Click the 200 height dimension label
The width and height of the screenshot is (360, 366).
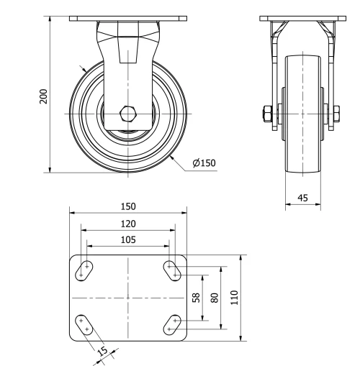(x=44, y=96)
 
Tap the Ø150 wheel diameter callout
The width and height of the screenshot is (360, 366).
(x=204, y=163)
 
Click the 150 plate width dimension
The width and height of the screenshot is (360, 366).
(x=128, y=206)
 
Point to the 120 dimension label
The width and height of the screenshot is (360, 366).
(x=128, y=224)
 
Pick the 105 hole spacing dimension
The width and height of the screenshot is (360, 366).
(x=128, y=240)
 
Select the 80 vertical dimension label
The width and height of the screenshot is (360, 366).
(x=214, y=297)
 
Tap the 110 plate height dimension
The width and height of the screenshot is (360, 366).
(x=232, y=297)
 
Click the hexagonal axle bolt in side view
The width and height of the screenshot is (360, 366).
(x=128, y=114)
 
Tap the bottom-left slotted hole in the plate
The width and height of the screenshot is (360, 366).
(x=84, y=324)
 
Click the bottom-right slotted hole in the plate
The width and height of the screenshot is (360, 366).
(x=173, y=324)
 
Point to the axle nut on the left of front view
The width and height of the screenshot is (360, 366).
(x=266, y=114)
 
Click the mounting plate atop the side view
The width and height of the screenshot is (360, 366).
(x=128, y=17)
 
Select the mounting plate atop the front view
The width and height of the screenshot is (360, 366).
(x=301, y=17)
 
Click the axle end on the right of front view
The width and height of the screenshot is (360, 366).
(x=336, y=113)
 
